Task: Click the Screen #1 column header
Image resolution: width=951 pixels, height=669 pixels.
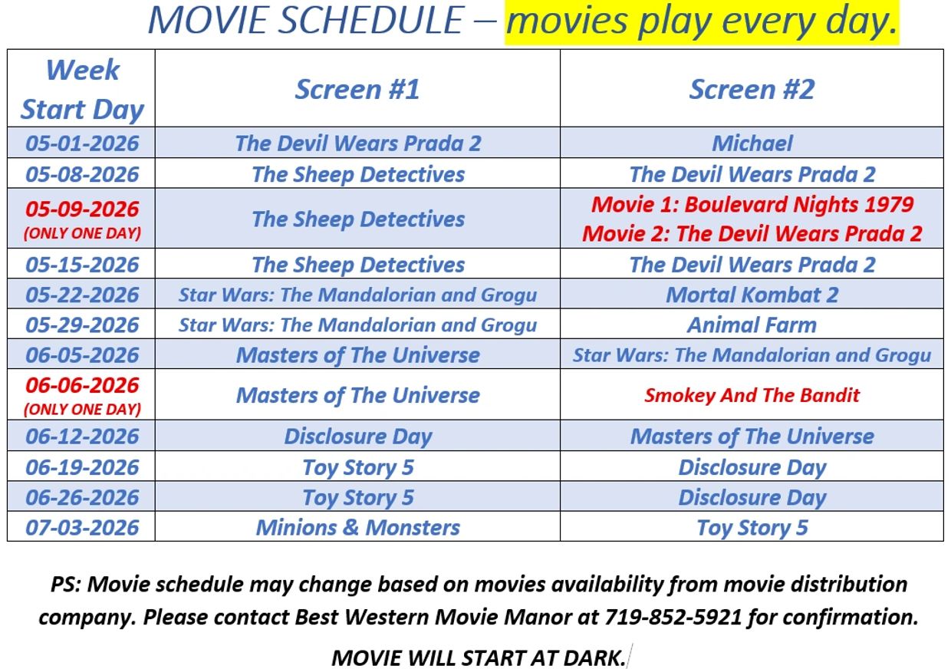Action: point(357,89)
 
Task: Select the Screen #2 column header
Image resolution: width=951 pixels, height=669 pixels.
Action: point(752,89)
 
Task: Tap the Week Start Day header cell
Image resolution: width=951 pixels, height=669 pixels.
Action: point(82,89)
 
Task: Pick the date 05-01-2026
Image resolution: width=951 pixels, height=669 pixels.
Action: point(82,143)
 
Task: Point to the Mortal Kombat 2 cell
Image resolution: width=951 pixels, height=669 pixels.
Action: point(752,295)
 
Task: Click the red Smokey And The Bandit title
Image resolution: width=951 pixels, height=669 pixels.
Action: point(752,395)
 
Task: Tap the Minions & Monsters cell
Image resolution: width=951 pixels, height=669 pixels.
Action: point(357,528)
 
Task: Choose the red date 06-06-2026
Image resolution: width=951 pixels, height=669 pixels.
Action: point(82,385)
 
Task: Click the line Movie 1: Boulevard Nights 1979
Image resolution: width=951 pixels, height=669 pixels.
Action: point(752,204)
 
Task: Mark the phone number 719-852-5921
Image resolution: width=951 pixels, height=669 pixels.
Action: point(673,617)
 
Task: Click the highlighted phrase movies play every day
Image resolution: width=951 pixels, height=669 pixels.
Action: point(701,21)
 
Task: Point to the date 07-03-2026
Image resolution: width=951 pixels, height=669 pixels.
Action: point(82,528)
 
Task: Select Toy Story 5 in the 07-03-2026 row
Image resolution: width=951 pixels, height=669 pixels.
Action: point(752,528)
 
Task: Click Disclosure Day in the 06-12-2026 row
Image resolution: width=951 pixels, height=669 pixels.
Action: point(357,437)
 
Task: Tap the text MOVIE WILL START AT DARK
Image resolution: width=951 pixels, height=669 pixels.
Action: point(479,657)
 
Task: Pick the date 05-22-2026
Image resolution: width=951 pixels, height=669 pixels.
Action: point(82,295)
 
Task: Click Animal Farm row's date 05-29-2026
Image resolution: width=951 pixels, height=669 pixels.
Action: point(82,325)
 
